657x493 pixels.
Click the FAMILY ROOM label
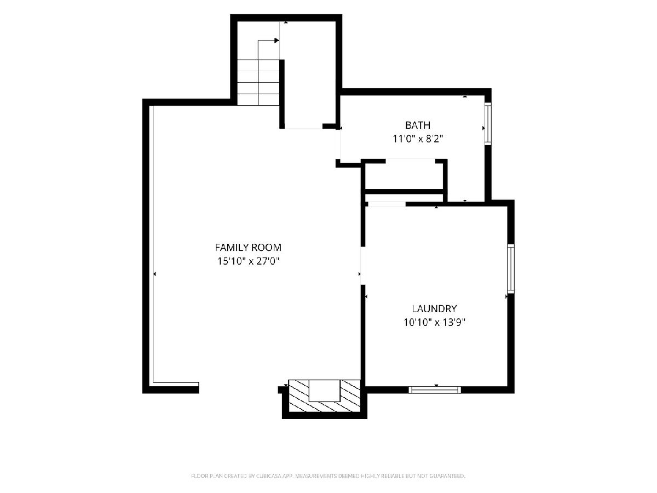click(x=248, y=248)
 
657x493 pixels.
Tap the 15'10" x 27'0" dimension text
click(x=248, y=261)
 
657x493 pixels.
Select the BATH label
click(x=418, y=125)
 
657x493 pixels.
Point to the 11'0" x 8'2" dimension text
click(x=418, y=139)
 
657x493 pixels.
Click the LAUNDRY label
click(x=434, y=308)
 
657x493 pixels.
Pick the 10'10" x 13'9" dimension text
click(x=434, y=323)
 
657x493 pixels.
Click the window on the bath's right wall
click(x=488, y=124)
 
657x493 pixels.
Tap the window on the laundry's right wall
click(x=511, y=268)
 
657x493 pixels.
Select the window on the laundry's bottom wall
click(x=435, y=389)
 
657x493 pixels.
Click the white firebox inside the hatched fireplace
click(x=325, y=391)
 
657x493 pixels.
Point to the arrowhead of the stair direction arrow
click(x=277, y=41)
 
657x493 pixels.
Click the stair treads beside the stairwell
click(x=258, y=82)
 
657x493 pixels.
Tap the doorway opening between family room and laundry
click(x=363, y=265)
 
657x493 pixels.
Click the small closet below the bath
click(x=404, y=176)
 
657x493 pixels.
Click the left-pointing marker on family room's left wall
click(x=154, y=273)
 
